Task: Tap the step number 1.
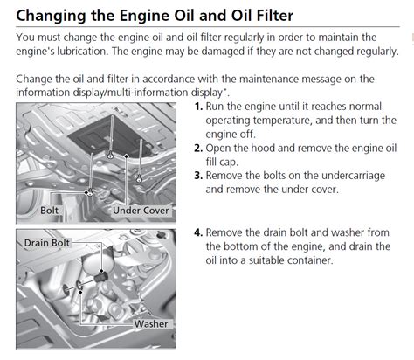[198, 107]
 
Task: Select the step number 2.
[198, 149]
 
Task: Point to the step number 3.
[198, 176]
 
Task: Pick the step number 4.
[198, 232]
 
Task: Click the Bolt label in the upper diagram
[49, 211]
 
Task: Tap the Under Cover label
[141, 211]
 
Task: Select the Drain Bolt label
[47, 243]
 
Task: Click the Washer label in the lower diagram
[151, 324]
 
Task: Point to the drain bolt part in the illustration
[100, 277]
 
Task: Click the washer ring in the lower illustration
[79, 285]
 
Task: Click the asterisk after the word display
[224, 89]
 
